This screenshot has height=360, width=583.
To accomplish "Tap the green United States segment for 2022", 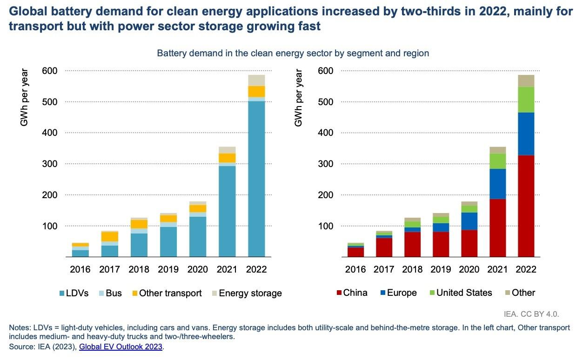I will click(526, 100).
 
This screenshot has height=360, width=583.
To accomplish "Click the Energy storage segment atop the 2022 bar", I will click(256, 80).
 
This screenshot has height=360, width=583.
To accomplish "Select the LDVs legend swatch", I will click(62, 293).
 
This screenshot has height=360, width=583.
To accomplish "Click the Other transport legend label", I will click(170, 293).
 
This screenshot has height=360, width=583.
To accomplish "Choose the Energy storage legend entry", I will click(250, 293).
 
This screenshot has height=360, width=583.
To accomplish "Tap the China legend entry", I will click(355, 293).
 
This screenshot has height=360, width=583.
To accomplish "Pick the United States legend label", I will click(464, 293).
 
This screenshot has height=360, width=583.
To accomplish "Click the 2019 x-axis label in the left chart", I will click(168, 269).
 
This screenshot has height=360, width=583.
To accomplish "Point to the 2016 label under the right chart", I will click(356, 269).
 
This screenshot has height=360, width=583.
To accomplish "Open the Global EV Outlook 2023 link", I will click(121, 347).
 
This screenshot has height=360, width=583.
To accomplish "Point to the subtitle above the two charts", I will click(293, 53).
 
